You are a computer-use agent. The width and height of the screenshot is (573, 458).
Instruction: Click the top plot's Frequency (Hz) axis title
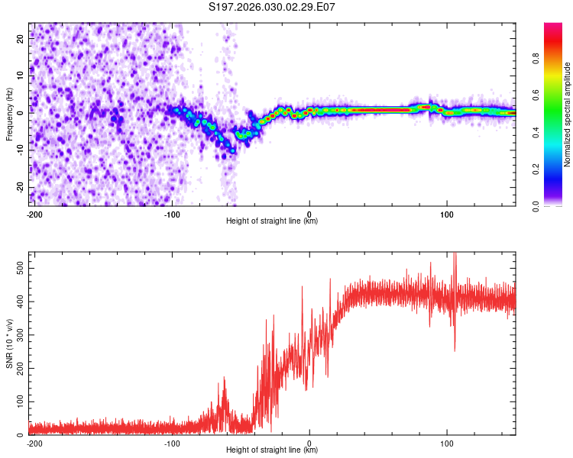click(9, 114)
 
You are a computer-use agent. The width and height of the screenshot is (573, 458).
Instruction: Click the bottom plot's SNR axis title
click(9, 343)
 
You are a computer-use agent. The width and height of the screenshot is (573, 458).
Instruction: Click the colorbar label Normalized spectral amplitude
click(568, 114)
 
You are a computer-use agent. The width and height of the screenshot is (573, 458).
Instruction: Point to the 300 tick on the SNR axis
click(18, 335)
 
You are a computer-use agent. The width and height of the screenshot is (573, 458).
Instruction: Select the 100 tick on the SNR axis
click(18, 402)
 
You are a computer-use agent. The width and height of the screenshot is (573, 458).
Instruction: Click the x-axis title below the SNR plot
click(272, 450)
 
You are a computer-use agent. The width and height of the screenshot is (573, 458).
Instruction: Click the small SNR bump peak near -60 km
click(225, 379)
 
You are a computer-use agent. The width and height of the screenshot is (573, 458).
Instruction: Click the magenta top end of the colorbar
click(553, 27)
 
